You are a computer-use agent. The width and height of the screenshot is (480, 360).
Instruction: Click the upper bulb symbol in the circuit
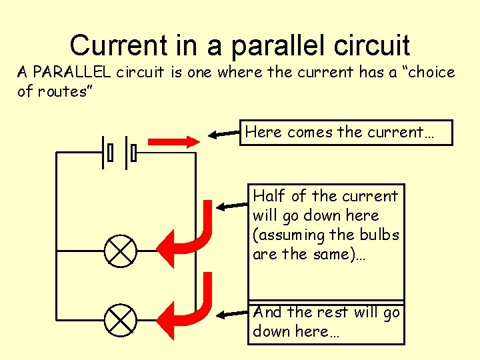pyautogui.click(x=121, y=251)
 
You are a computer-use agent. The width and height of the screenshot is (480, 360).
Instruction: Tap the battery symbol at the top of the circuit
pyautogui.click(x=120, y=153)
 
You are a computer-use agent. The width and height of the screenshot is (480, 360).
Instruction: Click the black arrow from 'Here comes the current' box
pyautogui.click(x=224, y=134)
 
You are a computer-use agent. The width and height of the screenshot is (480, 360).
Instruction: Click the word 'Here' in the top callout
pyautogui.click(x=264, y=132)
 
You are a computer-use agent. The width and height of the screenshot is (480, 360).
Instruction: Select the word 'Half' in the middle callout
pyautogui.click(x=269, y=196)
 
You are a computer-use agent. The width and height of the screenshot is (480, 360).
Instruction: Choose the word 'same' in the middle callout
pyautogui.click(x=332, y=254)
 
